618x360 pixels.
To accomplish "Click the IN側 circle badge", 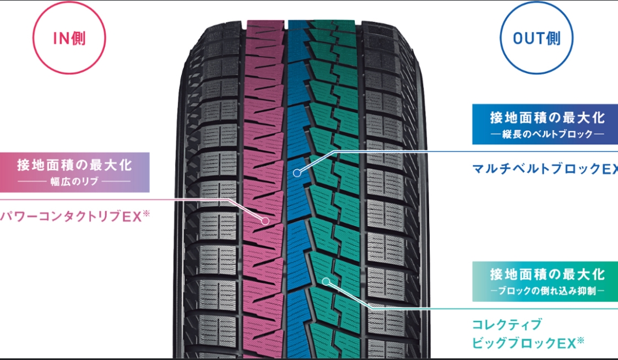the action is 69,37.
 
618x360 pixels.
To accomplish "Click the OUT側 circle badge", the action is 536,37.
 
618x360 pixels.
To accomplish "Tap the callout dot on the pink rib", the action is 265,221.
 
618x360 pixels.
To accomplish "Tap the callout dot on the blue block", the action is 297,172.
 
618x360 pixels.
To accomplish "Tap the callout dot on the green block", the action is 326,281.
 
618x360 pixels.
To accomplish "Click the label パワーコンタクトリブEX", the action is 71,217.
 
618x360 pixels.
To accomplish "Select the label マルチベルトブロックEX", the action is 545,169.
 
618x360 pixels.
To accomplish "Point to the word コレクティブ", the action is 507,325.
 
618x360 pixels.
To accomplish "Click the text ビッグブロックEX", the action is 524,343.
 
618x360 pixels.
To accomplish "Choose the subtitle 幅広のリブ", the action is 74,182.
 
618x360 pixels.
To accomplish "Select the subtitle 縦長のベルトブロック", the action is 547,134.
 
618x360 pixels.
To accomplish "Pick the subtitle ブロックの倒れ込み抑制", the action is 547,291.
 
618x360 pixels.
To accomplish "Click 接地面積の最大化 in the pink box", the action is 74,165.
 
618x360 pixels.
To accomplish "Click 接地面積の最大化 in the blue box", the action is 547,117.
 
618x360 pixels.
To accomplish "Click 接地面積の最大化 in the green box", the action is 547,274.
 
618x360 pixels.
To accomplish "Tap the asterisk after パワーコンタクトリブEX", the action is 146,214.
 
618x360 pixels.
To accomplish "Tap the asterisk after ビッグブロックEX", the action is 581,340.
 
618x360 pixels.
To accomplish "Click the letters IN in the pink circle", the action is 62,39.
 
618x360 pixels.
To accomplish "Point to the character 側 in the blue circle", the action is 554,39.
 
